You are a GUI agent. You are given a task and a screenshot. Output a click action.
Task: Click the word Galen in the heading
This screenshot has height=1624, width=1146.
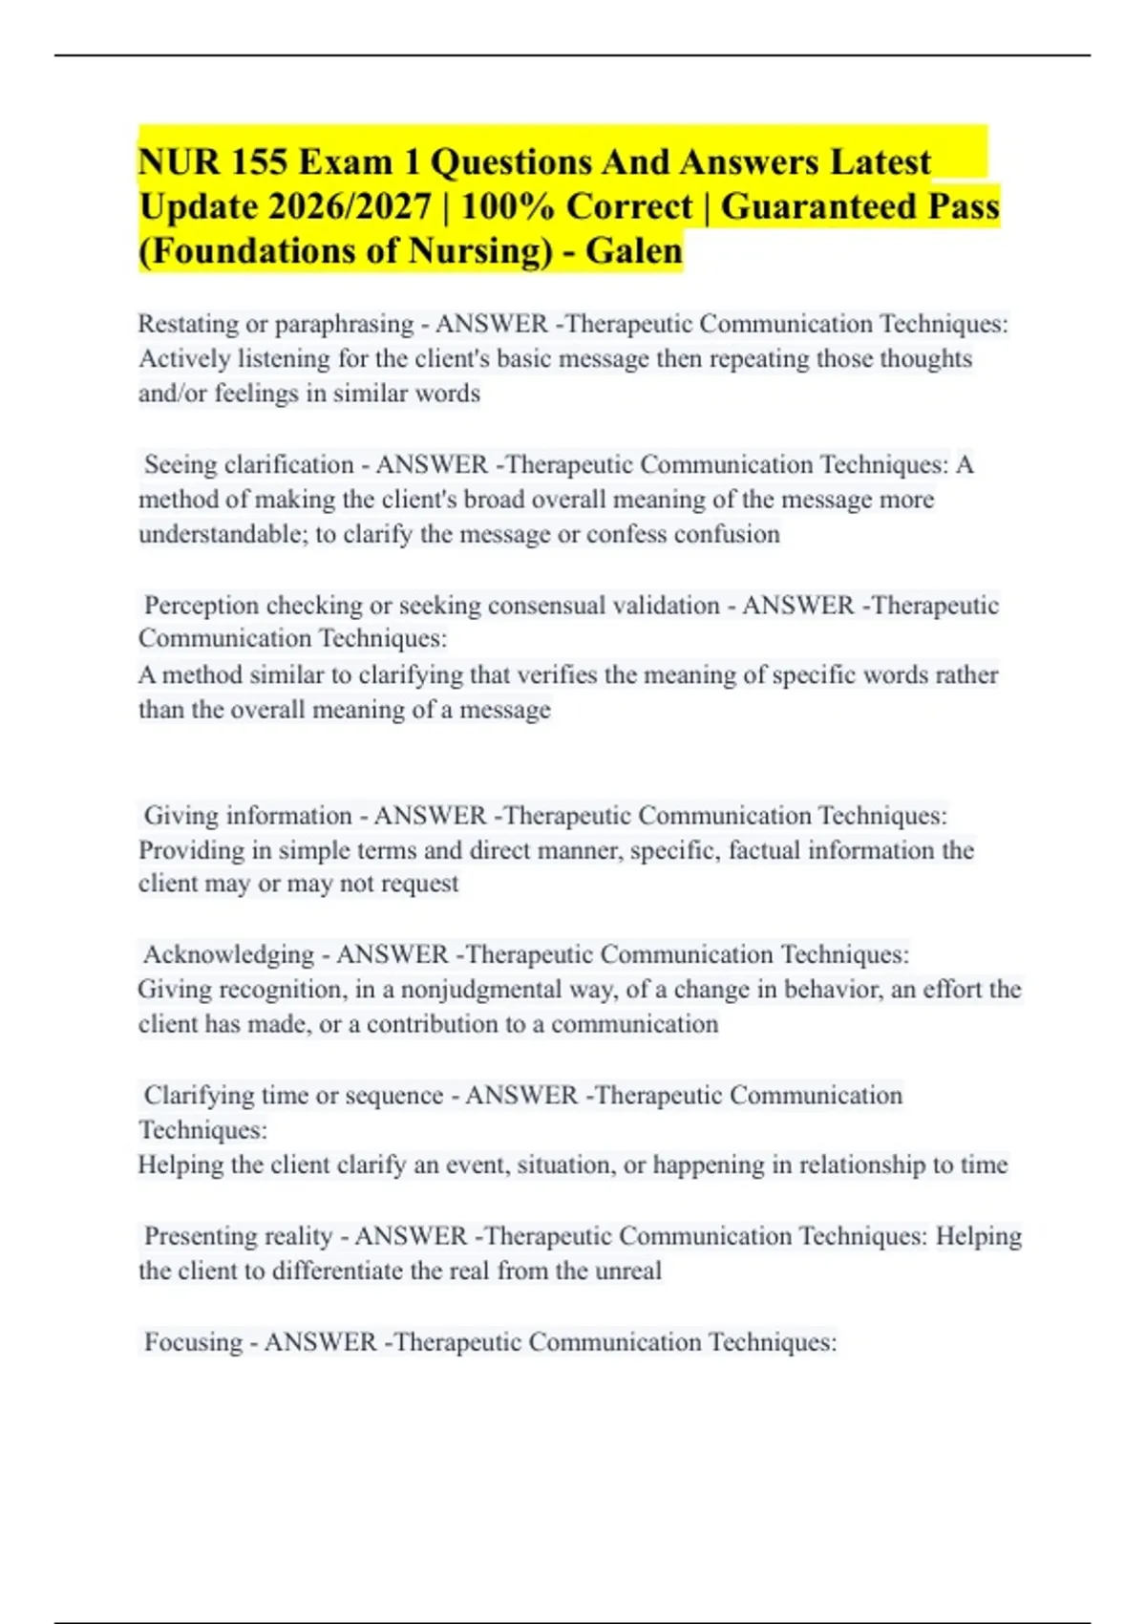pyautogui.click(x=634, y=251)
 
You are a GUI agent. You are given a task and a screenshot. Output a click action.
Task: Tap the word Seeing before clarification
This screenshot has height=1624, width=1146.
pyautogui.click(x=182, y=465)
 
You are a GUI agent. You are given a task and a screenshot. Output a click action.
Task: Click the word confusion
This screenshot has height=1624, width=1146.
pyautogui.click(x=731, y=534)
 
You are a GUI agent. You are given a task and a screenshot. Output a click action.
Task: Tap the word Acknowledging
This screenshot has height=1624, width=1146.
pyautogui.click(x=228, y=954)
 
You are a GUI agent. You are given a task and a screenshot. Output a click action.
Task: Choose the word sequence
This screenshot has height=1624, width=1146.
pyautogui.click(x=393, y=1096)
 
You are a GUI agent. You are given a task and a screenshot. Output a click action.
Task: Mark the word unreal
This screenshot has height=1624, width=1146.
pyautogui.click(x=628, y=1271)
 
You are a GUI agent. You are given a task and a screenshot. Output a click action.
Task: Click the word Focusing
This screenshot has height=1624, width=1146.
pyautogui.click(x=193, y=1342)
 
